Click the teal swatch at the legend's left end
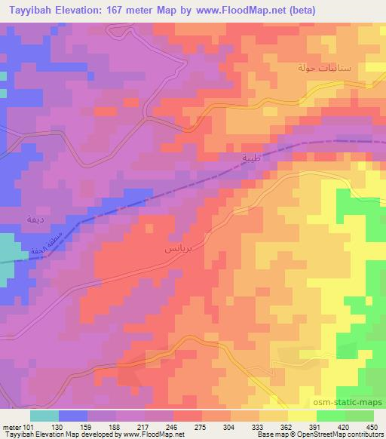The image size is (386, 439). click(x=44, y=415)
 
